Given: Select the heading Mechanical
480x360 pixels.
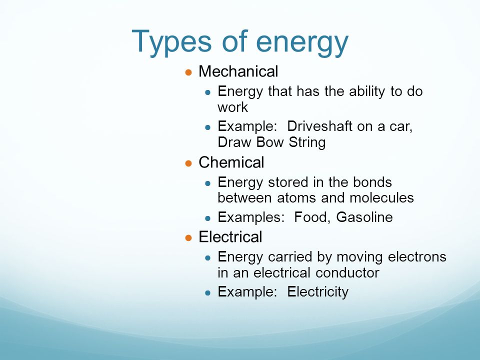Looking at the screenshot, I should pos(238,72).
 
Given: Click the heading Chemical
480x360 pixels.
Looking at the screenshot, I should pos(231,162).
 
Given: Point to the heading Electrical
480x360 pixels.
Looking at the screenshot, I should pos(230,236).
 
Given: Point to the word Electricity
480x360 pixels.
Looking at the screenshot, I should pos(317,292).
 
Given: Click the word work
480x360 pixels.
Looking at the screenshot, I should pos(232,107).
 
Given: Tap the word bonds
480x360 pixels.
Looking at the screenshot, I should pos(372,182).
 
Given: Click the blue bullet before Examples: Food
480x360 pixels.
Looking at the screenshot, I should pos(208,218).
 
